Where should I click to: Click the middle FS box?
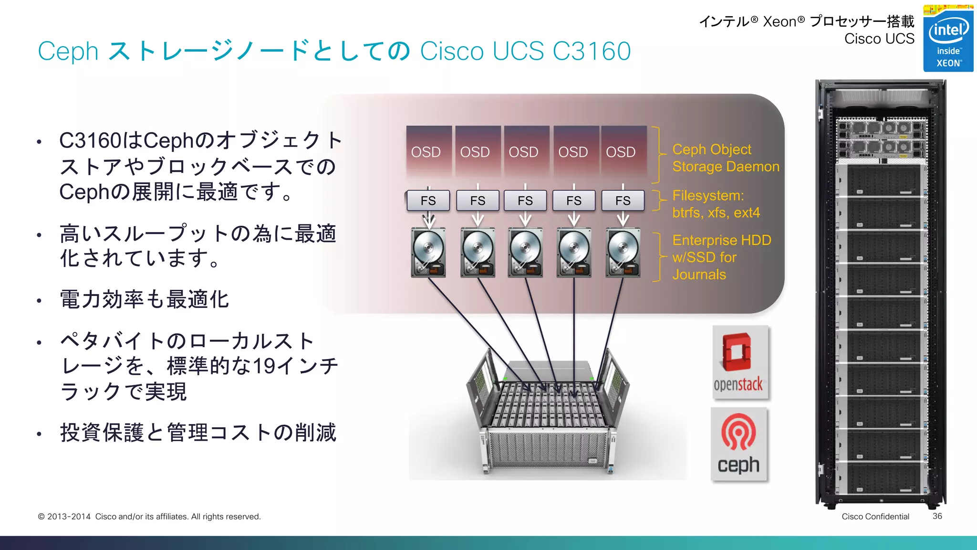(x=525, y=201)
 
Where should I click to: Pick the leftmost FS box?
(x=428, y=201)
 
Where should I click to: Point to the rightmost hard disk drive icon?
(x=623, y=253)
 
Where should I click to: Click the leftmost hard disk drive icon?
(x=428, y=253)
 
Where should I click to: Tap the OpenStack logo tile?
(x=740, y=362)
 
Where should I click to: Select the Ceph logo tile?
(x=738, y=444)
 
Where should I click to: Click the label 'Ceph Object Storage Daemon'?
(x=725, y=158)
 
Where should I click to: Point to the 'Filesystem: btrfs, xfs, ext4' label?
(x=716, y=204)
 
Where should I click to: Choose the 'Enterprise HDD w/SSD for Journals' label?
(x=721, y=257)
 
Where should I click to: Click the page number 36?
(x=937, y=516)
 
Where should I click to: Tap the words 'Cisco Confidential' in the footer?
(x=875, y=517)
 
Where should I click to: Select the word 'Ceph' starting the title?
(x=68, y=52)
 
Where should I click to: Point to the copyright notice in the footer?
(x=149, y=517)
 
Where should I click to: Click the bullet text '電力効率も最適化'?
(x=144, y=299)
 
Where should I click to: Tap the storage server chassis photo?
(x=548, y=415)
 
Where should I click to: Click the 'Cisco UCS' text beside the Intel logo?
(x=879, y=39)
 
